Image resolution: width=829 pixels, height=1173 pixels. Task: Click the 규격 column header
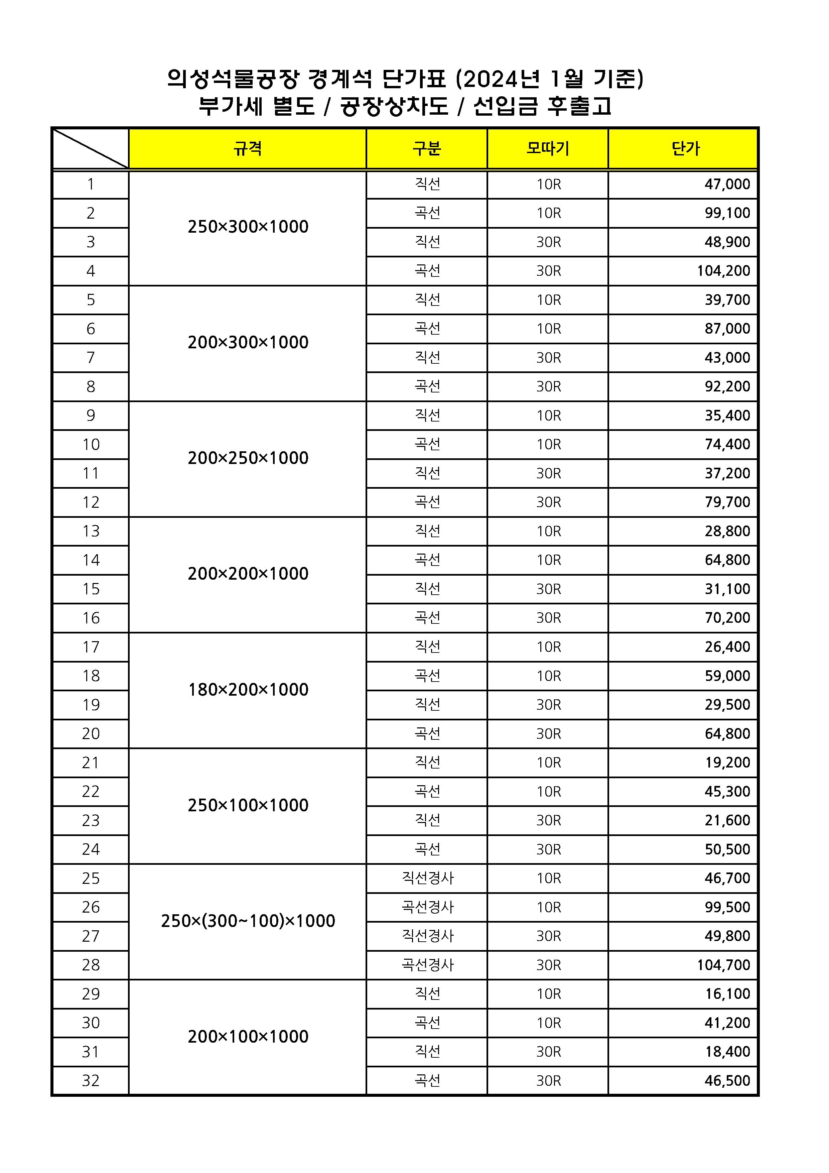248,149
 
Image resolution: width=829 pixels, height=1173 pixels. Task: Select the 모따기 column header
548,149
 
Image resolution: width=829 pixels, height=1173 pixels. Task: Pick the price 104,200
723,271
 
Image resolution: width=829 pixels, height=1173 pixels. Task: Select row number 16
91,618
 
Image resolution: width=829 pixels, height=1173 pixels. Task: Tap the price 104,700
723,965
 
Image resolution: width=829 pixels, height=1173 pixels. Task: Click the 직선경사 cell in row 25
427,878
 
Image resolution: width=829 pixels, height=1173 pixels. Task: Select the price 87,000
727,329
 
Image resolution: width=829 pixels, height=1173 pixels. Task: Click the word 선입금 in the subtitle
505,107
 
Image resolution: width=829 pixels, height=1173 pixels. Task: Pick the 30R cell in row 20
549,734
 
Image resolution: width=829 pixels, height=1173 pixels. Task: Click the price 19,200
727,763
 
